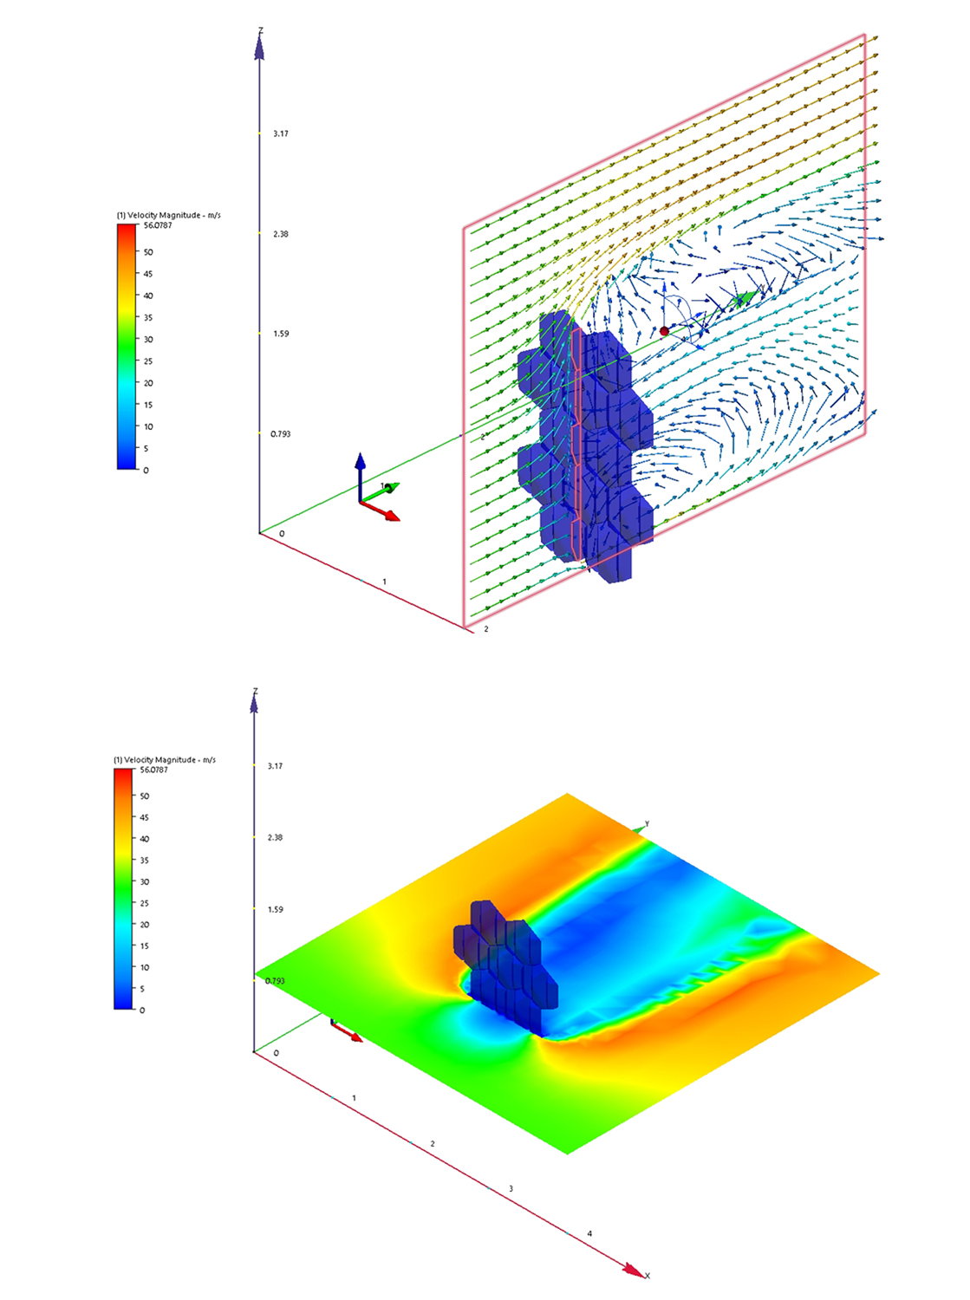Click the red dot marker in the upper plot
click(x=664, y=331)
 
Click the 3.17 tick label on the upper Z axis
click(x=281, y=133)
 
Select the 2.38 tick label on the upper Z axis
click(x=281, y=234)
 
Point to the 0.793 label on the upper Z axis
click(x=281, y=434)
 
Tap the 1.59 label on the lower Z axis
click(x=276, y=909)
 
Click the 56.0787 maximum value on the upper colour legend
click(x=158, y=225)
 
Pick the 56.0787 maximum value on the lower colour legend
click(x=154, y=770)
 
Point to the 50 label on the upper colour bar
click(x=148, y=251)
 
